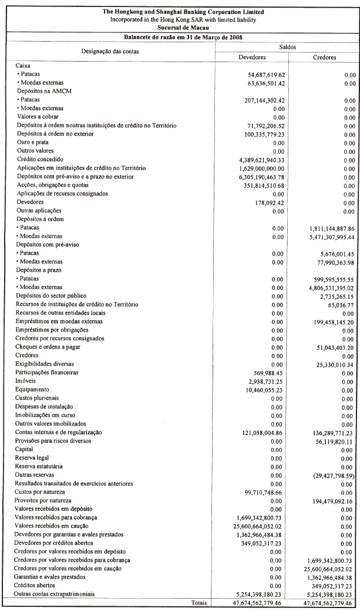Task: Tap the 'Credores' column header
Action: coord(324,58)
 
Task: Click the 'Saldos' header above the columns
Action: coord(288,46)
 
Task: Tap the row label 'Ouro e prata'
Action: coord(33,143)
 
